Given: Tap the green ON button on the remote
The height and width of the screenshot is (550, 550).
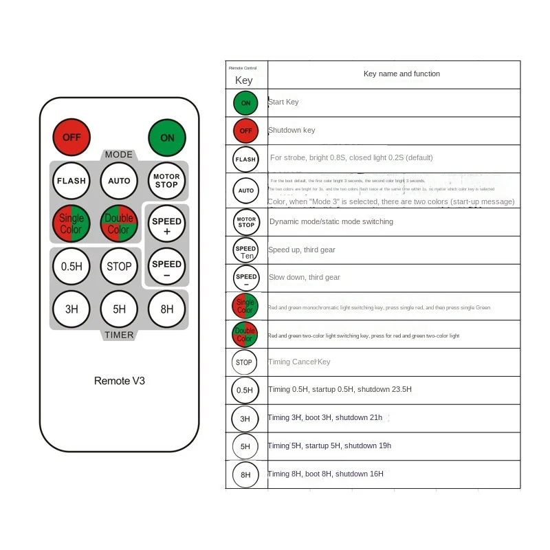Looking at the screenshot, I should [167, 137].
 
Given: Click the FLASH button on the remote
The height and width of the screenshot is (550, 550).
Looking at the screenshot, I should [71, 181].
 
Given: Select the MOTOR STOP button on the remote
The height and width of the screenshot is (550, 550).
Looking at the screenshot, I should [166, 181].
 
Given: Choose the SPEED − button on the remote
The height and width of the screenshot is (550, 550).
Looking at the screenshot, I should [166, 267].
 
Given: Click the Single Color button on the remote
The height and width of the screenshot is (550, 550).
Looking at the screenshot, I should [71, 224].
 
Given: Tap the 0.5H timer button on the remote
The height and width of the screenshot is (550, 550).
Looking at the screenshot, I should [71, 266].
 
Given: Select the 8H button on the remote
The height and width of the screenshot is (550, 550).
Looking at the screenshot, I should [166, 309].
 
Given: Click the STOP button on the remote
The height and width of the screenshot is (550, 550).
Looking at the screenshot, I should [119, 266].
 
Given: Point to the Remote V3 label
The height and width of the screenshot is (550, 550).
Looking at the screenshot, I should [120, 380].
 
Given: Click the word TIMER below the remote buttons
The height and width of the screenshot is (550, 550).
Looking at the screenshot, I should [119, 335].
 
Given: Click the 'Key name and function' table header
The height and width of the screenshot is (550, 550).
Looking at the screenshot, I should [401, 74].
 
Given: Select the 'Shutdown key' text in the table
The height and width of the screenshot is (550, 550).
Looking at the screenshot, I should [291, 130].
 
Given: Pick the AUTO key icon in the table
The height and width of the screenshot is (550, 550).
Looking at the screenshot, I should [245, 190].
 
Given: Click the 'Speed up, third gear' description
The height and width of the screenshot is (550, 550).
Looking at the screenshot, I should [302, 250].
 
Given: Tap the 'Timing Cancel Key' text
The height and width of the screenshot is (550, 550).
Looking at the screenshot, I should [299, 362].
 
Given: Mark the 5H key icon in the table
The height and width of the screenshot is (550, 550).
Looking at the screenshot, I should [245, 446].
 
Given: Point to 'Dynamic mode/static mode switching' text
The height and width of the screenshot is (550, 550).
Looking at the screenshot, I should [331, 221].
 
